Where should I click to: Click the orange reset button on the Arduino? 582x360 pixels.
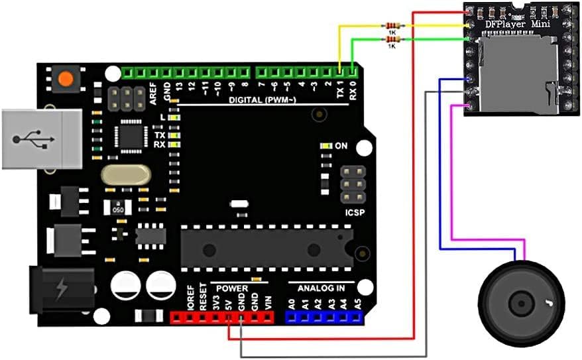pos(65,79)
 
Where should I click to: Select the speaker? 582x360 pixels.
pos(521,303)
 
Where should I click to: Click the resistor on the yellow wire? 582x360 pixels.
pos(392,26)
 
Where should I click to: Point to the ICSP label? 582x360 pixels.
pos(355,214)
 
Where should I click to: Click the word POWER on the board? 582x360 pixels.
pos(231,289)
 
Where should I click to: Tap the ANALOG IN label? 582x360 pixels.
pos(321,289)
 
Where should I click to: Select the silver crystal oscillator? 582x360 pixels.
pos(127,175)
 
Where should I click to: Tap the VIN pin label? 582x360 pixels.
pos(267,303)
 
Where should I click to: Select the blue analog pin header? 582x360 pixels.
pos(325,318)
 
